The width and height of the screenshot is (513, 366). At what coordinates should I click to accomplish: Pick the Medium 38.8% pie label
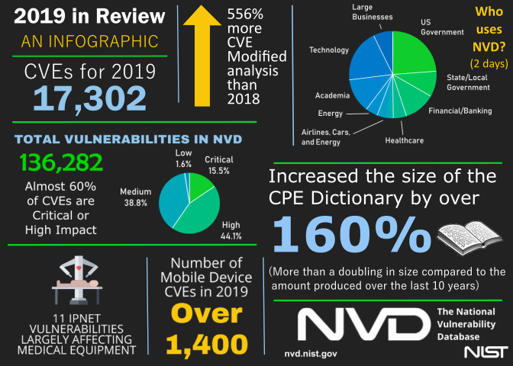[x=137, y=195]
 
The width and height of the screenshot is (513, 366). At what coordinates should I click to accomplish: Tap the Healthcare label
[x=405, y=140]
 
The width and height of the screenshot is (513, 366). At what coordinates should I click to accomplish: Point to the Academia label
[x=333, y=95]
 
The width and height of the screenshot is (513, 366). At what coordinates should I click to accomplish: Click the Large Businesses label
[x=373, y=11]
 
